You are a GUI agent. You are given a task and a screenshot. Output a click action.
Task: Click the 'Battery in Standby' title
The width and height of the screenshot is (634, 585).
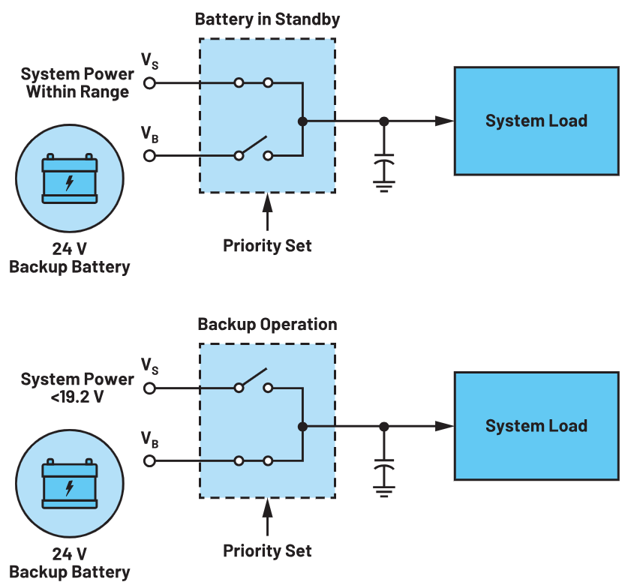(x=266, y=19)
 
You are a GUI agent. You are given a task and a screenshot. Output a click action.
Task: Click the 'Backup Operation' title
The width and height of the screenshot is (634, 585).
(x=267, y=325)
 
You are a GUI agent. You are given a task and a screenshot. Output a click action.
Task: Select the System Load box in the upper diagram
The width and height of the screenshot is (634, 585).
(x=536, y=121)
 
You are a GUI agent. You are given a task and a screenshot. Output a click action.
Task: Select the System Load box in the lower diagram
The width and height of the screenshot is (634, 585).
(x=536, y=426)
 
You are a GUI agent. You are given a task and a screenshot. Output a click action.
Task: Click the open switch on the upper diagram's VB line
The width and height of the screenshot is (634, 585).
(x=253, y=148)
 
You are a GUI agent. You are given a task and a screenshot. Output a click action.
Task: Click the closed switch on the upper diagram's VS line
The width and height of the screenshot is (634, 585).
(x=253, y=83)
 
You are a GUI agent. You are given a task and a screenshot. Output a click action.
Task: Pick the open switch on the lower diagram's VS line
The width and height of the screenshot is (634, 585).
(x=253, y=380)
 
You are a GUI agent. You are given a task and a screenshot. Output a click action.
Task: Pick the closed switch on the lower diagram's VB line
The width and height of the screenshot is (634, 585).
(x=253, y=460)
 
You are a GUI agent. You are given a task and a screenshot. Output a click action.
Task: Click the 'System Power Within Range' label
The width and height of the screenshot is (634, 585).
(x=77, y=83)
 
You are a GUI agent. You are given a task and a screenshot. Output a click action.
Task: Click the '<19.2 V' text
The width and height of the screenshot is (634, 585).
(x=77, y=397)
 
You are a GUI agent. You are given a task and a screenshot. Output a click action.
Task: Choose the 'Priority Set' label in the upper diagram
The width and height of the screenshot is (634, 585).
(x=267, y=245)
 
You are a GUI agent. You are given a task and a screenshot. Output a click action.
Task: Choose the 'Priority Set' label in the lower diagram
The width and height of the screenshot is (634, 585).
(x=267, y=551)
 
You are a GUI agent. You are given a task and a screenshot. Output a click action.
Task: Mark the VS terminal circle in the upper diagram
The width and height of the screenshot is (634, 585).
(x=149, y=83)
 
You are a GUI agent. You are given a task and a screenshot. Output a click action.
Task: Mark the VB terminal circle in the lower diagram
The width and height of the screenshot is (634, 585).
(x=149, y=460)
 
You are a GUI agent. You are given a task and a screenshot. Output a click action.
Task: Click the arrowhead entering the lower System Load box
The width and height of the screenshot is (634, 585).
(x=446, y=426)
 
